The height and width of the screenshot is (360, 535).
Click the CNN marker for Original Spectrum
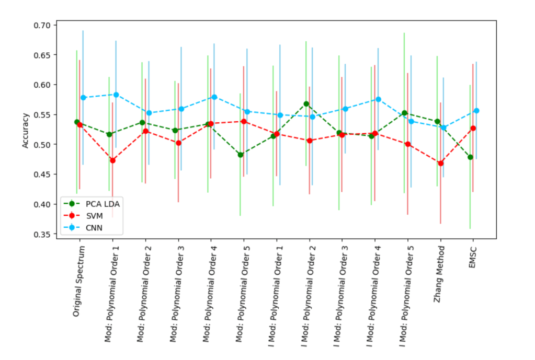(x=83, y=98)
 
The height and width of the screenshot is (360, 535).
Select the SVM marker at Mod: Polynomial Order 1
(x=112, y=160)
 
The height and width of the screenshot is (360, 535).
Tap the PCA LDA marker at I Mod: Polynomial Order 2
(x=306, y=103)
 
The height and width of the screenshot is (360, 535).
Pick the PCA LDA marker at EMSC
(x=470, y=157)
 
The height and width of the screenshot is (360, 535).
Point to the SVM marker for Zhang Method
(x=441, y=163)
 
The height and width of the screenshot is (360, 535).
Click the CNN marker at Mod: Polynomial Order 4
(x=214, y=97)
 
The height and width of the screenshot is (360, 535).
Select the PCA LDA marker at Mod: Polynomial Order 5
(x=241, y=155)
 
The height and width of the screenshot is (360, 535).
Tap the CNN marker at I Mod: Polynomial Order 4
(x=378, y=99)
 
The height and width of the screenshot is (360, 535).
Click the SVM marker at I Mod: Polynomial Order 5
(x=408, y=144)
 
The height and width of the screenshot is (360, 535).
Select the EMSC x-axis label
(x=473, y=257)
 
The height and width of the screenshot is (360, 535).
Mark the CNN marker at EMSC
(x=476, y=111)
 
